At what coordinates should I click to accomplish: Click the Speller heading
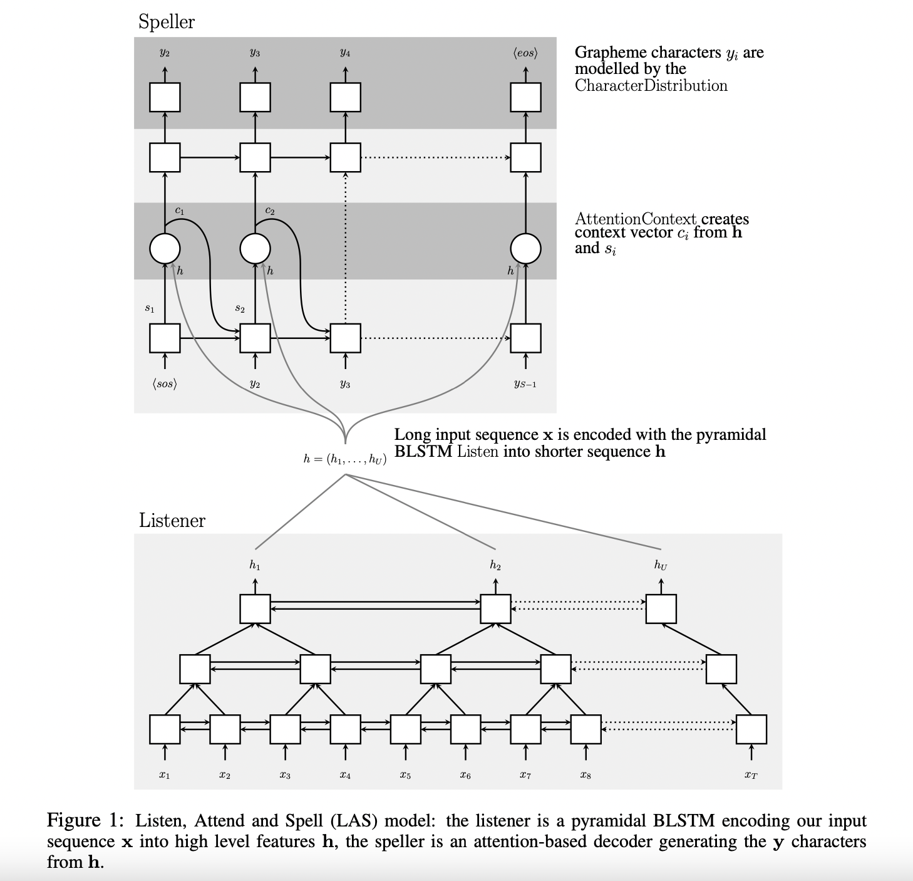coord(166,22)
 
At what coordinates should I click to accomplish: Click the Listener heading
coord(172,520)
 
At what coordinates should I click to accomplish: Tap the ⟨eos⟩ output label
coord(525,53)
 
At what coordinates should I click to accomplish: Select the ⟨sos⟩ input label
coord(165,383)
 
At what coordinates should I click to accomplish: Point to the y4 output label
coord(345,53)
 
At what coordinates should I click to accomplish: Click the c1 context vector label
coord(180,211)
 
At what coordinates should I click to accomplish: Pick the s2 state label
coord(240,308)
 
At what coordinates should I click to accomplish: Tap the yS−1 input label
coord(525,384)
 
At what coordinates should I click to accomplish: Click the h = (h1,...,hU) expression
coord(344,459)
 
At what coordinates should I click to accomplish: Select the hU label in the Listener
coord(661,565)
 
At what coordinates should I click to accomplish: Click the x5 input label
coord(405,775)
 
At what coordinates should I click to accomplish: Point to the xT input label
coord(751,775)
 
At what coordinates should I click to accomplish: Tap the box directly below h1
coord(255,608)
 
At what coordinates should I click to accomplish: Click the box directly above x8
coord(585,729)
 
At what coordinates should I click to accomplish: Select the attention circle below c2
coord(255,249)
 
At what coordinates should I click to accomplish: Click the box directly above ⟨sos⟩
coord(165,338)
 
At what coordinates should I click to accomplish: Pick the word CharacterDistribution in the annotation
coord(651,86)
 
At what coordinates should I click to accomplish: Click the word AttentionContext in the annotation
coord(635,219)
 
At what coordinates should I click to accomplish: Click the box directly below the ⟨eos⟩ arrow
coord(525,97)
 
